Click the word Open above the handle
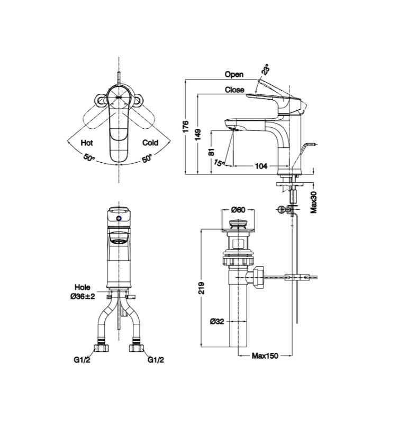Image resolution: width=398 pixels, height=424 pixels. click(x=234, y=75)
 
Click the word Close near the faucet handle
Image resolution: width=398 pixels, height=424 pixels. click(x=234, y=90)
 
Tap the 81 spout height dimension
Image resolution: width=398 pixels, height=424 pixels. click(x=211, y=151)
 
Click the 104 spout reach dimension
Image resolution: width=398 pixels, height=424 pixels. click(x=261, y=166)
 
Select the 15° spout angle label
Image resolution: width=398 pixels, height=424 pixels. click(x=219, y=163)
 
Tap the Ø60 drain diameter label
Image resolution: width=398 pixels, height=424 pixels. click(x=239, y=210)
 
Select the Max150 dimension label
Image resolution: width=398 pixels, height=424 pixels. click(x=265, y=356)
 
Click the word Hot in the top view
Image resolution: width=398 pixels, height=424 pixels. click(x=87, y=143)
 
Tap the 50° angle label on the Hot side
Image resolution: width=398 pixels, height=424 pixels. click(x=89, y=158)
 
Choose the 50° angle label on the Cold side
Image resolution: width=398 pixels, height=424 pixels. click(x=147, y=158)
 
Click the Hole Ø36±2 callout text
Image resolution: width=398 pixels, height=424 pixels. click(x=83, y=292)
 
